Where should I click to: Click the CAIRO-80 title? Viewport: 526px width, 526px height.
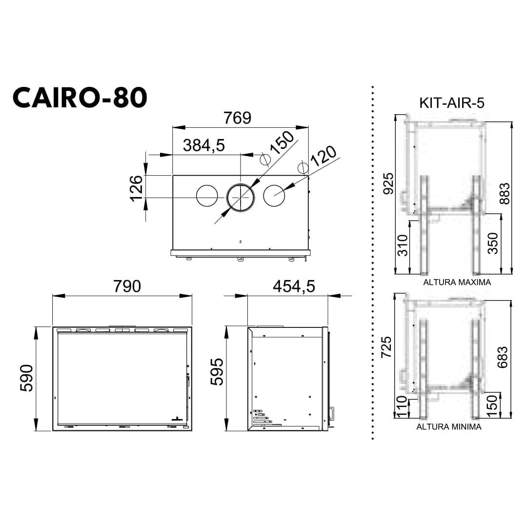80,97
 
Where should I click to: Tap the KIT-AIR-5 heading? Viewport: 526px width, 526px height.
451,103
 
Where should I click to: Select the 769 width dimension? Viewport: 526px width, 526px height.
237,118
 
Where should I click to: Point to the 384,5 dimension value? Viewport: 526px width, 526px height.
204,145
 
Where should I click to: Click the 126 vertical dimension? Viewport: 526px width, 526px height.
137,188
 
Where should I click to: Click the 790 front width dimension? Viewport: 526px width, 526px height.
127,286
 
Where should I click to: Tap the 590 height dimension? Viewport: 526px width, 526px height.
26,378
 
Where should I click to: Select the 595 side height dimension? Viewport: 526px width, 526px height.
217,372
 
